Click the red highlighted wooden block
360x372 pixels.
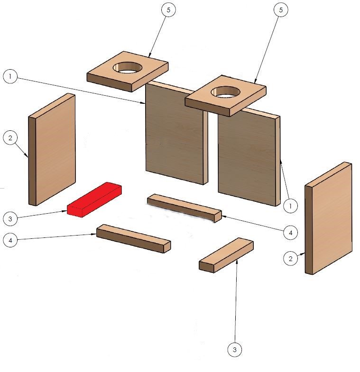click(x=94, y=200)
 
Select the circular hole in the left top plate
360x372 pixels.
click(x=127, y=68)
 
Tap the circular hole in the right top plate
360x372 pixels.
click(x=226, y=92)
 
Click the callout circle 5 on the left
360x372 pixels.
click(x=168, y=10)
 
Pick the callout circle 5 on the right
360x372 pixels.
click(x=281, y=10)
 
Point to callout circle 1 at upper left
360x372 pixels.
click(x=10, y=76)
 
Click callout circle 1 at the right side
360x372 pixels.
click(x=290, y=206)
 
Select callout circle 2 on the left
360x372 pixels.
click(x=10, y=137)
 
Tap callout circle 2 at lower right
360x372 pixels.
click(x=290, y=258)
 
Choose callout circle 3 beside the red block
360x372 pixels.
click(x=10, y=218)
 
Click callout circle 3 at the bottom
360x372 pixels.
click(x=235, y=349)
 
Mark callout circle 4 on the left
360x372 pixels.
click(x=10, y=240)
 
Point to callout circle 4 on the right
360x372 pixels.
click(x=290, y=233)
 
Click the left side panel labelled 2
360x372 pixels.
click(x=52, y=149)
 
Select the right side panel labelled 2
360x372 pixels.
click(x=328, y=218)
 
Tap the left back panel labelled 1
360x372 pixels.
click(x=176, y=133)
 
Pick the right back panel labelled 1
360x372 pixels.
click(x=249, y=156)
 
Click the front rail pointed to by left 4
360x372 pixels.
click(x=133, y=239)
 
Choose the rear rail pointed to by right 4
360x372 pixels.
click(x=185, y=209)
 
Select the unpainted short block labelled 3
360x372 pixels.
click(x=226, y=255)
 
